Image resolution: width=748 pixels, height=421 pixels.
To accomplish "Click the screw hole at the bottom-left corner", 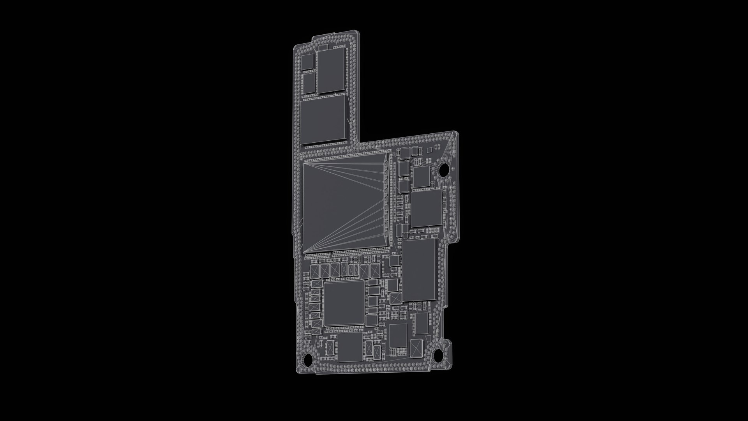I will (x=308, y=358).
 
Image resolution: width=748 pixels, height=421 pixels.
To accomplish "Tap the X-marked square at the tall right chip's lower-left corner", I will (x=395, y=299).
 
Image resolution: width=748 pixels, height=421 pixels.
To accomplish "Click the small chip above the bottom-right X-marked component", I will (x=422, y=323).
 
